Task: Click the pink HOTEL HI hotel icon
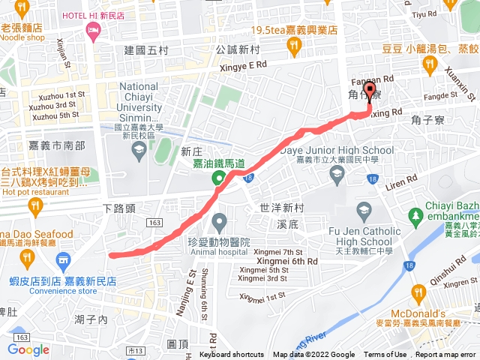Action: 93,31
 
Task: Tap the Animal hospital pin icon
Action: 219,221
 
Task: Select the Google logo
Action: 28,349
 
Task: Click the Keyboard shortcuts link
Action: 231,355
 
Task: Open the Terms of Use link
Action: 385,355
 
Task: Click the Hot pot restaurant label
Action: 36,192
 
